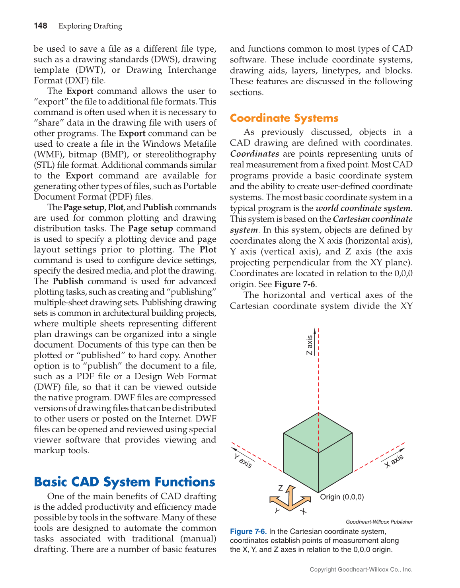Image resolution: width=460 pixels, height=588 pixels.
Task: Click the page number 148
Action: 41,26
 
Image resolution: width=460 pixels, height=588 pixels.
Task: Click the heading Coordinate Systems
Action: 284,118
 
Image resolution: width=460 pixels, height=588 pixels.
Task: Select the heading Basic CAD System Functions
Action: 125,482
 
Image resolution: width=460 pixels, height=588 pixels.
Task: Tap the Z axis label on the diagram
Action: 310,345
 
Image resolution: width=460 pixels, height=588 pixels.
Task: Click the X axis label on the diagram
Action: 394,461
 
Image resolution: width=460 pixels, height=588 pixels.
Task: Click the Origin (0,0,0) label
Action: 342,497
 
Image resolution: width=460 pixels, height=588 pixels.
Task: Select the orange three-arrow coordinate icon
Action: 290,499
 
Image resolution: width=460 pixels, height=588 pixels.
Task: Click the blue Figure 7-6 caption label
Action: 248,532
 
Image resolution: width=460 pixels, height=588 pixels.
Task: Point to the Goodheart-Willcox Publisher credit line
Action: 379,522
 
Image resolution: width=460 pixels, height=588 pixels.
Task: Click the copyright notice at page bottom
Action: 361,569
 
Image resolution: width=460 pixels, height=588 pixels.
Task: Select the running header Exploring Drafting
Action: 90,26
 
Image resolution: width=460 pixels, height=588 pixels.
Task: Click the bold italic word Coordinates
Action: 255,154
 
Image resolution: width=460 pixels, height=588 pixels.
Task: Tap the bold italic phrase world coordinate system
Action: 363,208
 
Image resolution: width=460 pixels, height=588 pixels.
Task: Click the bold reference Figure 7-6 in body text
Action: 294,284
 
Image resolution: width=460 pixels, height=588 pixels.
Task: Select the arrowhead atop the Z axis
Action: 315,331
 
